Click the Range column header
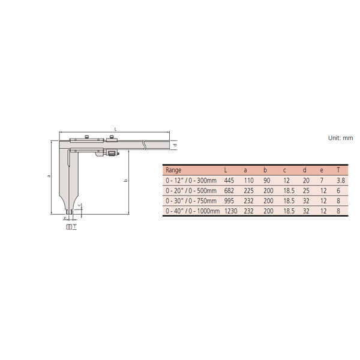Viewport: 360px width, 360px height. [x=173, y=170]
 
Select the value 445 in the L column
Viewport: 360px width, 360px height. [x=229, y=181]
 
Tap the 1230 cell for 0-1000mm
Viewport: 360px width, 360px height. [x=231, y=211]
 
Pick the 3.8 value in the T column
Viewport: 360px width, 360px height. [x=341, y=181]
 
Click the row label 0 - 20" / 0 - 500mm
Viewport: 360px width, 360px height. [x=191, y=191]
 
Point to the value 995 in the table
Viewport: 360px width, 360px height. [x=229, y=201]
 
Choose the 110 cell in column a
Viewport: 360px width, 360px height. [x=248, y=181]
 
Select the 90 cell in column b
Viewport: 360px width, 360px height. [x=266, y=181]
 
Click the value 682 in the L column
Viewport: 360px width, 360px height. [x=229, y=191]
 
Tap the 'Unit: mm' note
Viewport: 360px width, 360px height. [x=340, y=138]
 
